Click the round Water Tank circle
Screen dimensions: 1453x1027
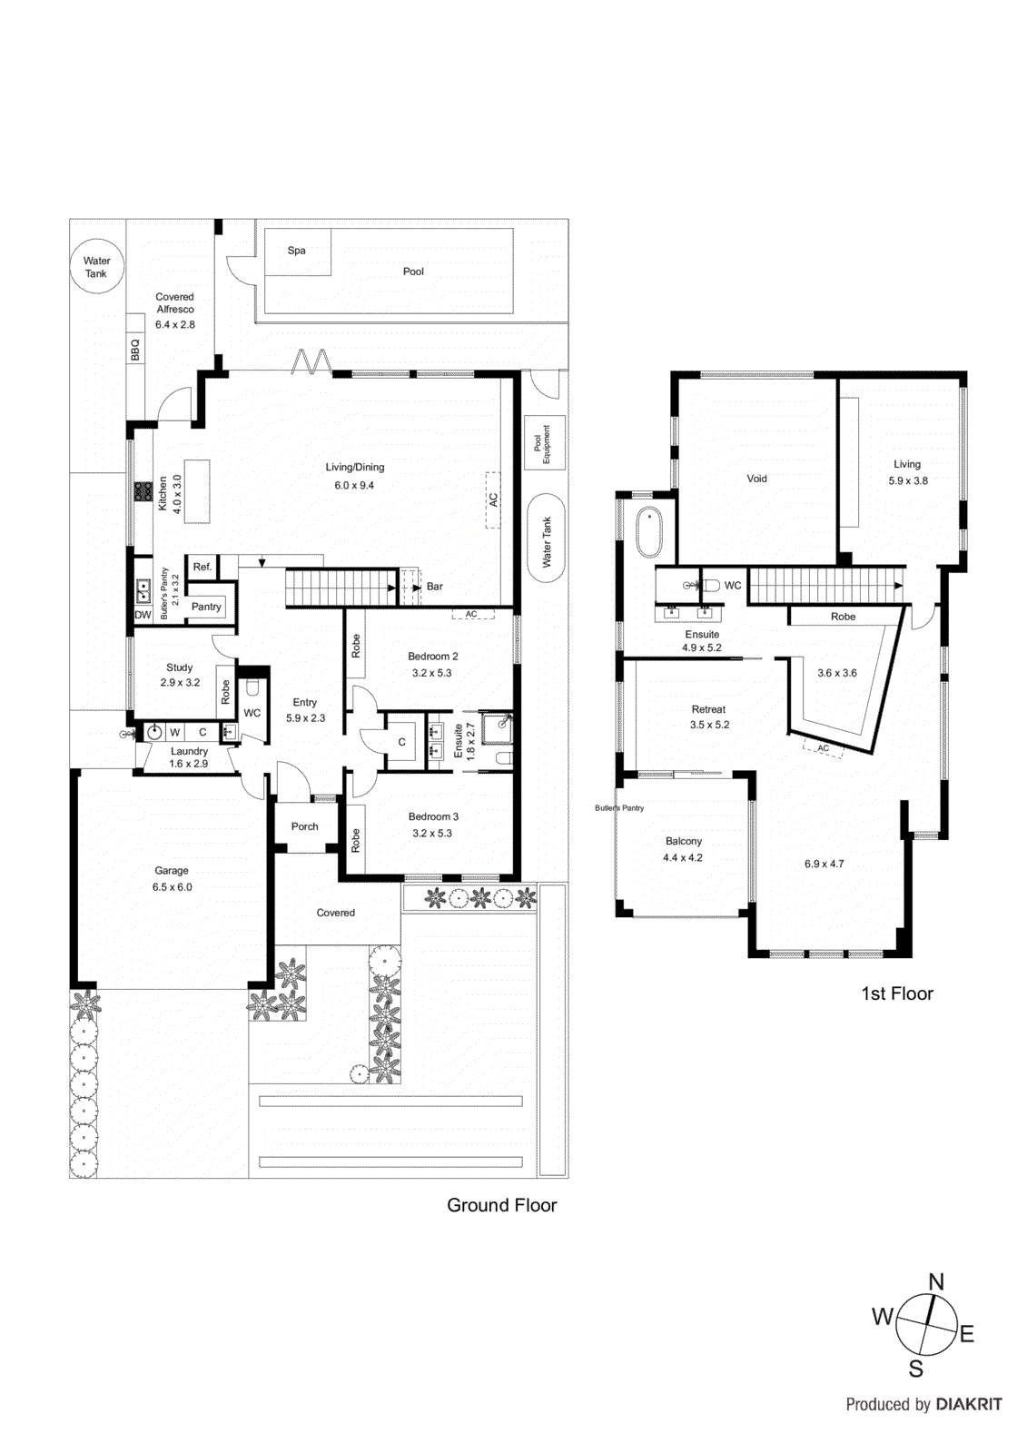pyautogui.click(x=96, y=266)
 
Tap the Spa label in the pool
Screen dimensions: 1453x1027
pyautogui.click(x=296, y=251)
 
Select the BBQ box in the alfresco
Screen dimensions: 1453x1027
pyautogui.click(x=135, y=350)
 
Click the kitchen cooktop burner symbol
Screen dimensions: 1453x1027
pyautogui.click(x=143, y=491)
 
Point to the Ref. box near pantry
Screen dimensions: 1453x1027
pyautogui.click(x=202, y=567)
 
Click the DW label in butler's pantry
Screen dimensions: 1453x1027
pyautogui.click(x=143, y=615)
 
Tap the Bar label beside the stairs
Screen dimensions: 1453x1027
pyautogui.click(x=435, y=587)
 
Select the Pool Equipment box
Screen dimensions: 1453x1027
pyautogui.click(x=544, y=443)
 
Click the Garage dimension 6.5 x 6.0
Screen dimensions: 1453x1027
pyautogui.click(x=172, y=887)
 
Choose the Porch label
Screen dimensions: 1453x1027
pyautogui.click(x=305, y=826)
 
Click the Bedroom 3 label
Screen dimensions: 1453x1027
pyautogui.click(x=433, y=816)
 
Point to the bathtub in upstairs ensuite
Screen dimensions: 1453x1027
pyautogui.click(x=648, y=532)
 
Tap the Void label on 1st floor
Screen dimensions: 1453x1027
pyautogui.click(x=756, y=479)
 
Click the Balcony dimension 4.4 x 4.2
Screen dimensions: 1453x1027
pyautogui.click(x=683, y=857)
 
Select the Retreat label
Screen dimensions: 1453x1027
pyautogui.click(x=708, y=709)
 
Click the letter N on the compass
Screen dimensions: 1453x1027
pyautogui.click(x=936, y=1282)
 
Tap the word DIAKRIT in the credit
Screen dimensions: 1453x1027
pyautogui.click(x=969, y=1404)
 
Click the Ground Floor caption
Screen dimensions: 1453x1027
pyautogui.click(x=501, y=1205)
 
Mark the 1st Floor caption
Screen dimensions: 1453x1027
pyautogui.click(x=897, y=993)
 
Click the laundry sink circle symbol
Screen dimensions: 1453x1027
pyautogui.click(x=154, y=732)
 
